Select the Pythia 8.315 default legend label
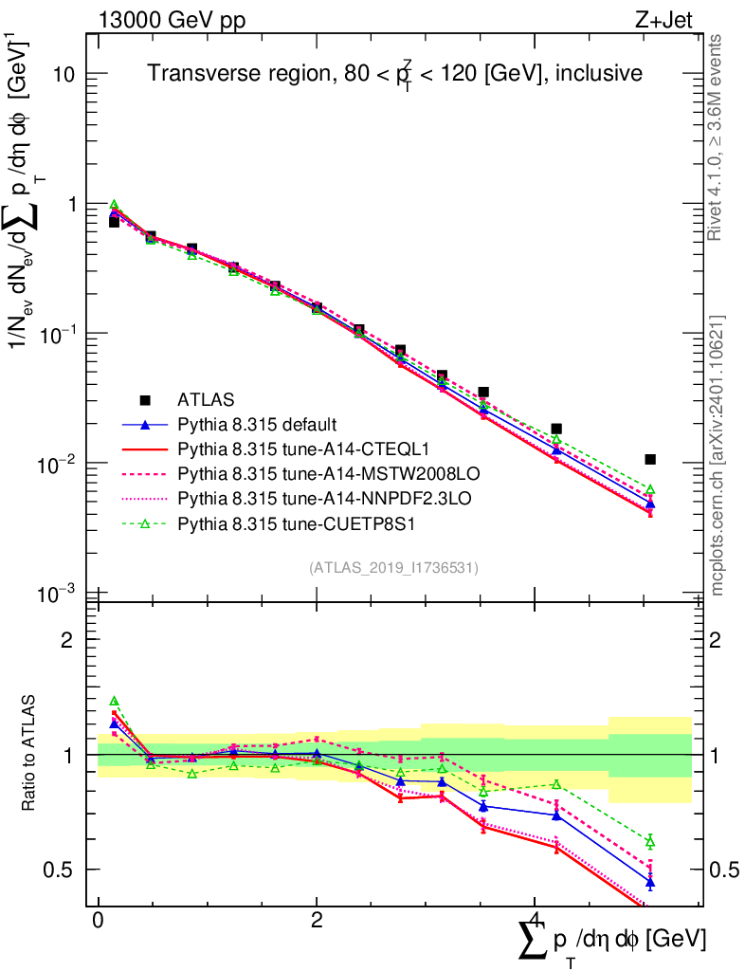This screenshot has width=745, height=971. click(x=258, y=423)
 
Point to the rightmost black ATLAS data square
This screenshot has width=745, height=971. click(x=650, y=459)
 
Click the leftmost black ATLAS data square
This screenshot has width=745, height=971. click(x=114, y=222)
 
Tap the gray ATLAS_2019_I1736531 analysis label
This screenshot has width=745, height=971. click(x=393, y=568)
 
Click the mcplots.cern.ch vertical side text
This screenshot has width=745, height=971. click(x=718, y=455)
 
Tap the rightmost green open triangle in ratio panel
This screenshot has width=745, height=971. click(x=650, y=841)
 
